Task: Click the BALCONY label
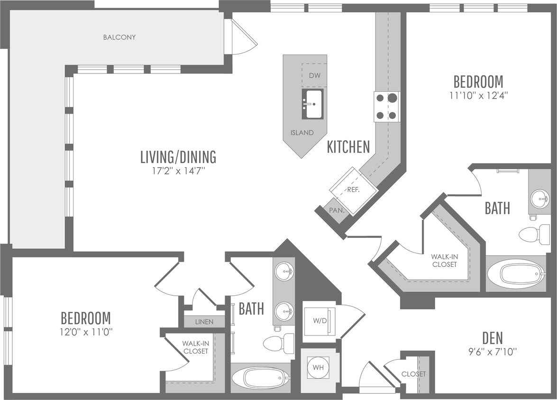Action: tap(119, 37)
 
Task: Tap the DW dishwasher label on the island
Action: tap(314, 75)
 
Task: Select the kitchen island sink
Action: tap(312, 104)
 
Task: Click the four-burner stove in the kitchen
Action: tap(386, 106)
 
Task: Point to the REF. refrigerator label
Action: tap(353, 190)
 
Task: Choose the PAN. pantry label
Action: tap(337, 210)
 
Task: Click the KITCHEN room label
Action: tap(348, 147)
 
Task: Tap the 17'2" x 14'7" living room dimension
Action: tap(179, 171)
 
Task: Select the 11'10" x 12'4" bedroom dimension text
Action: tap(478, 96)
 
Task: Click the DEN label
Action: tap(493, 338)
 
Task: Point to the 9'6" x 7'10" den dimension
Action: tap(492, 352)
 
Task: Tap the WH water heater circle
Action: tap(318, 367)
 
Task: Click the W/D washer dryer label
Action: tap(320, 321)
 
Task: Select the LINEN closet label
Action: tap(204, 322)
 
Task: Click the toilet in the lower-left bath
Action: tap(279, 343)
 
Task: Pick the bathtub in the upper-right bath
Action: tap(515, 274)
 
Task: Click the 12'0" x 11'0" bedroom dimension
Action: tap(86, 332)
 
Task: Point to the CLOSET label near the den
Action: tap(413, 374)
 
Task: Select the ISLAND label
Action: tap(302, 133)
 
